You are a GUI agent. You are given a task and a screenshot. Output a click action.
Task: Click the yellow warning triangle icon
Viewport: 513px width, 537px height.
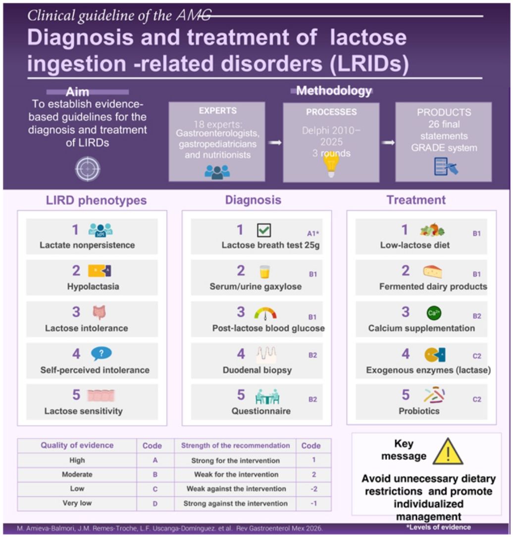(448, 452)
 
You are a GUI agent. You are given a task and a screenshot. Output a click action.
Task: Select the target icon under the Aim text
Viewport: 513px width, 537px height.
(87, 169)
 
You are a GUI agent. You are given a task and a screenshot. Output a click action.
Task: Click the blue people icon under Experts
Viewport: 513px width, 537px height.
(217, 172)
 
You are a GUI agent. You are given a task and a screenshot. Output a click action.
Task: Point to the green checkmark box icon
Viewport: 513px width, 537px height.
(264, 230)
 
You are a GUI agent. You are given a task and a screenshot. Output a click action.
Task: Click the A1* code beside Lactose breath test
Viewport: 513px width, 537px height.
(313, 233)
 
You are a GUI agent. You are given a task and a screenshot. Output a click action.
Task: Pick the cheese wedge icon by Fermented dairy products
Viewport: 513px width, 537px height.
(432, 271)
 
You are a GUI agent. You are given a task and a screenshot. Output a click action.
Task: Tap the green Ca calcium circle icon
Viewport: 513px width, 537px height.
(434, 313)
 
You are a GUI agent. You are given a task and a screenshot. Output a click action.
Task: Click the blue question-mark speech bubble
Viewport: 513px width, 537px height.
(102, 353)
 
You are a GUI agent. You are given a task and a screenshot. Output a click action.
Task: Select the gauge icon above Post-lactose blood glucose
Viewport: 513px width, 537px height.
(265, 313)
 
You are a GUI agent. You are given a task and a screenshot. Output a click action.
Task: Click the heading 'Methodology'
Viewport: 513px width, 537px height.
(334, 91)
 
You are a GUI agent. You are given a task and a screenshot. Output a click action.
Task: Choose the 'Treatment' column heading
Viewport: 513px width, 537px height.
(416, 200)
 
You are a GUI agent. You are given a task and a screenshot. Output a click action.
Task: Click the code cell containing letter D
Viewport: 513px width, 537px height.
(155, 503)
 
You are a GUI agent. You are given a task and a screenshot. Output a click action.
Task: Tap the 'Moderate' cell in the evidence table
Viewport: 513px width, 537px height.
(77, 474)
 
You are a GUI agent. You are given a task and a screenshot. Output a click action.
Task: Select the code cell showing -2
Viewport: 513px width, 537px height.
(313, 488)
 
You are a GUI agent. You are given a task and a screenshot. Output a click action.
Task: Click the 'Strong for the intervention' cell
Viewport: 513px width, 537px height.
(235, 461)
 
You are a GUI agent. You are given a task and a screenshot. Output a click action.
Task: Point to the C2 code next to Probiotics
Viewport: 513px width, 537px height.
(477, 399)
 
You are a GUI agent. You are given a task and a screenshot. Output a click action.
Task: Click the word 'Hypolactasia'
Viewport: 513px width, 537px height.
(93, 286)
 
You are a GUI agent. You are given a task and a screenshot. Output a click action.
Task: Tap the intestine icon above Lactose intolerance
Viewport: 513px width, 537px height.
(100, 312)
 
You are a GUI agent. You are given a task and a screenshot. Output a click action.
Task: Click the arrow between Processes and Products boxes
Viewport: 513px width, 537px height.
(388, 143)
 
